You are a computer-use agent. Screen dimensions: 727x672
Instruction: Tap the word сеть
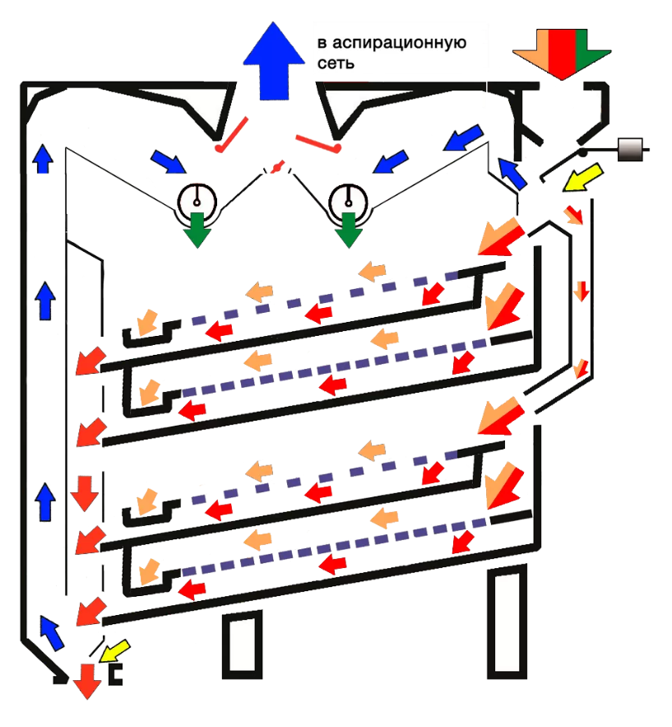[x=336, y=63]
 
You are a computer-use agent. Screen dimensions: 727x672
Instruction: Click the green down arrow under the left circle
[x=197, y=228]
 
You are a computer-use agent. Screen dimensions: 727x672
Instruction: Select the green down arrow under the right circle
[x=349, y=228]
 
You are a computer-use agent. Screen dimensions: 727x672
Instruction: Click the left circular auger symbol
[x=197, y=198]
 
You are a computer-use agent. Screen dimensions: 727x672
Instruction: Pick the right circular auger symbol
[x=348, y=198]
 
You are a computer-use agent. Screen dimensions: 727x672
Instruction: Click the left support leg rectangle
[x=237, y=646]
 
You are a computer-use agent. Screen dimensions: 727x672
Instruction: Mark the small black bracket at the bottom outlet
[x=117, y=674]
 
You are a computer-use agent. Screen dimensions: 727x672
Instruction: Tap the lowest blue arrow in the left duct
[x=51, y=633]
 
